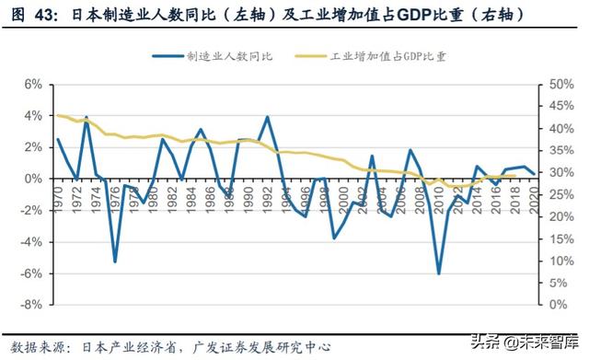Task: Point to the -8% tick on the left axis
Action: (30, 305)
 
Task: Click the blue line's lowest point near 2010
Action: (439, 273)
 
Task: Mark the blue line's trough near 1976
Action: (115, 261)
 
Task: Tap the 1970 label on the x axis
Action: (58, 196)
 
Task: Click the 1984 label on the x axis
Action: (191, 196)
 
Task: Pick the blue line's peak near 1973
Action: (87, 118)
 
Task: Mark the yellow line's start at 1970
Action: (58, 115)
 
